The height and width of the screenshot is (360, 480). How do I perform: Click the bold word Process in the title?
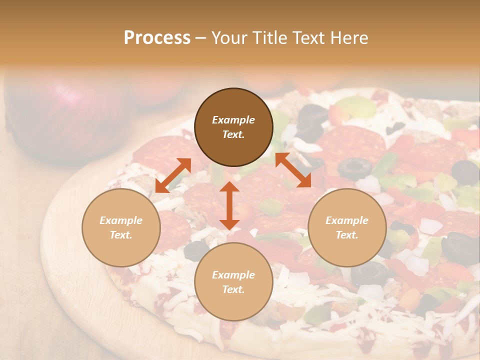(x=157, y=38)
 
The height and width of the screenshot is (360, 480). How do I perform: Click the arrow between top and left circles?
(x=173, y=175)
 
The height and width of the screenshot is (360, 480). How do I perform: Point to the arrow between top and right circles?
(x=293, y=170)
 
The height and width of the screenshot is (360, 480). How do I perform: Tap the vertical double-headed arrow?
(x=229, y=205)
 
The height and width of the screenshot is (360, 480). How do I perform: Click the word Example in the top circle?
(x=233, y=120)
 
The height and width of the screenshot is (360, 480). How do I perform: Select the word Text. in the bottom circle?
(x=233, y=289)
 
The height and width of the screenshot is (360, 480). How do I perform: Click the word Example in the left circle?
(x=121, y=220)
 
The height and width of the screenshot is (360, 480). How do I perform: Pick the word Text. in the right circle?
(x=347, y=235)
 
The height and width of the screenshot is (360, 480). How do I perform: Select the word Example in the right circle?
(x=347, y=220)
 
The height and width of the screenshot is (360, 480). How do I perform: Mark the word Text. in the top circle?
(x=233, y=134)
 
